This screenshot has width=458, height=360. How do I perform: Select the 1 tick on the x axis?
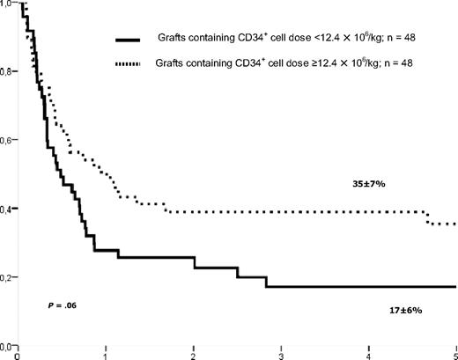pos(105,354)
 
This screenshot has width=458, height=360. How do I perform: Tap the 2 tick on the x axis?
pos(193,354)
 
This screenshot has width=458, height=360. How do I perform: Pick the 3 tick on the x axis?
pos(280,354)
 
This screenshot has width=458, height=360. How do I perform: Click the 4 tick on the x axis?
pos(367,354)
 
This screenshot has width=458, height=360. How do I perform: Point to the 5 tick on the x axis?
pos(454,354)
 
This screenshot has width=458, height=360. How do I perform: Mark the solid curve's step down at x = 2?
pos(194,262)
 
